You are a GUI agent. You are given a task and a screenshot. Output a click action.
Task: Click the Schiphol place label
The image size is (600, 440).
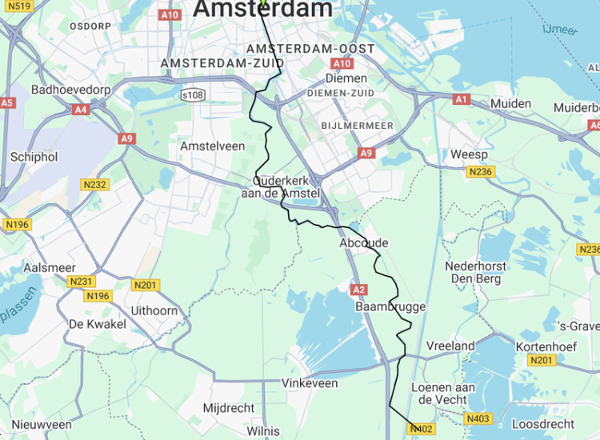(x=34, y=157)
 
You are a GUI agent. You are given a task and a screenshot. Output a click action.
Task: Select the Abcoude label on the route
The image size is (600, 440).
(x=363, y=243)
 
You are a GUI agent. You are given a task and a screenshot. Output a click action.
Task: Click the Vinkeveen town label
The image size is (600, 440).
(x=310, y=384)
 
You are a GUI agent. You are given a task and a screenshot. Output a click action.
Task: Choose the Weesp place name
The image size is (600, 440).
(x=470, y=154)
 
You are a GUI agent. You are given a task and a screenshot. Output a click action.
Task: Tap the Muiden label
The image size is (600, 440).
(x=510, y=104)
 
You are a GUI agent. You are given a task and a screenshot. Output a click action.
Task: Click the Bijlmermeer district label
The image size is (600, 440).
(x=356, y=126)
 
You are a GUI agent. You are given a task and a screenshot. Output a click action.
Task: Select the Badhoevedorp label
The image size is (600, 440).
(x=70, y=90)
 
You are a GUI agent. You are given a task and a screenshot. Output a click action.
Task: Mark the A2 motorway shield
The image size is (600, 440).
(x=358, y=289)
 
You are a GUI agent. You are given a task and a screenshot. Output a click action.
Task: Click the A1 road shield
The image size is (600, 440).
(x=461, y=99)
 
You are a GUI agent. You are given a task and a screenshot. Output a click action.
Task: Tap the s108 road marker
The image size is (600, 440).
(x=193, y=95)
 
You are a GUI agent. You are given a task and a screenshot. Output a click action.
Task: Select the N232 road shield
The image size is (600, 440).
(x=95, y=185)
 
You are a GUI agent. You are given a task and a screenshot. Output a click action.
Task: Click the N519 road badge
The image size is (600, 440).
(x=22, y=6)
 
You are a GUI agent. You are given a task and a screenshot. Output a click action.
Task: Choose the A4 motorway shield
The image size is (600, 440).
(x=81, y=110)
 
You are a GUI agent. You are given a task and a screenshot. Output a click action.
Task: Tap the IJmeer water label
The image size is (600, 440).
(x=560, y=30)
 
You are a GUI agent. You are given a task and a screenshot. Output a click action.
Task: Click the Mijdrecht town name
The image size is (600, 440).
(x=229, y=408)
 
